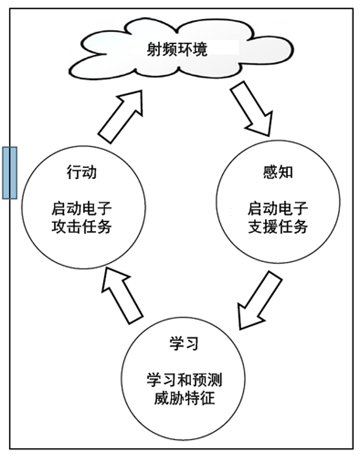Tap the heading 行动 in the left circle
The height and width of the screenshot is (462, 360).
[x=82, y=173]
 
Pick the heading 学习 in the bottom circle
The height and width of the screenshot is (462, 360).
[x=183, y=343]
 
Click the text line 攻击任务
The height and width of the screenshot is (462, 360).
[x=82, y=226]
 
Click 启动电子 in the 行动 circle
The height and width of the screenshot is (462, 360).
[x=82, y=209]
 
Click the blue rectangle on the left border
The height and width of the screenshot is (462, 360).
[x=9, y=173]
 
